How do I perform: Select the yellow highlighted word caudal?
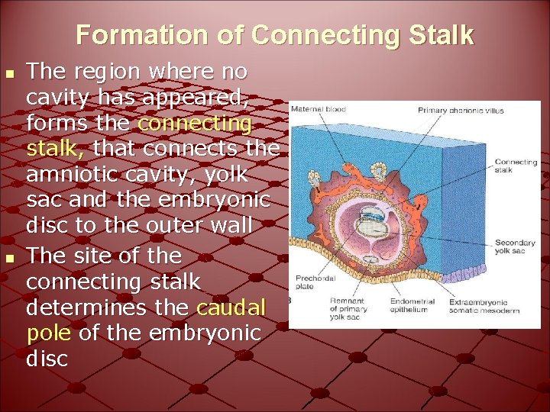point(231,307)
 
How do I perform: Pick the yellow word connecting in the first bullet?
point(195,123)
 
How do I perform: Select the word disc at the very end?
point(47,359)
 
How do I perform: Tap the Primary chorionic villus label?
point(461,110)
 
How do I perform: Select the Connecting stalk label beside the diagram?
point(516,166)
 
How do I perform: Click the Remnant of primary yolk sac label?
point(348,308)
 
